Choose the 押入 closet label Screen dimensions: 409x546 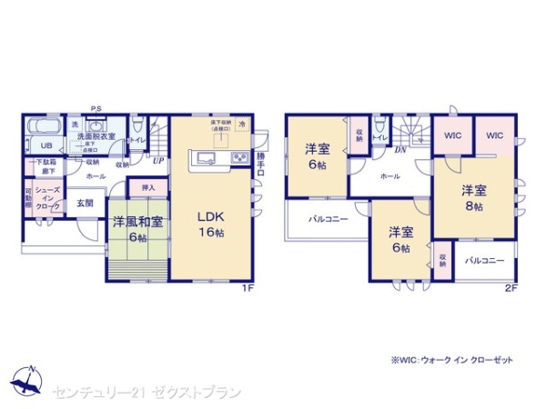pyautogui.click(x=148, y=188)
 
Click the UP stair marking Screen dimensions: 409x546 pyautogui.click(x=158, y=161)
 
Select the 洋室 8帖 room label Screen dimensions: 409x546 pyautogui.click(x=470, y=198)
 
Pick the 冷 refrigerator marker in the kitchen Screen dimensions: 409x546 pyautogui.click(x=242, y=122)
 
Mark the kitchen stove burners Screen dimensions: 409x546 pyautogui.click(x=240, y=159)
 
